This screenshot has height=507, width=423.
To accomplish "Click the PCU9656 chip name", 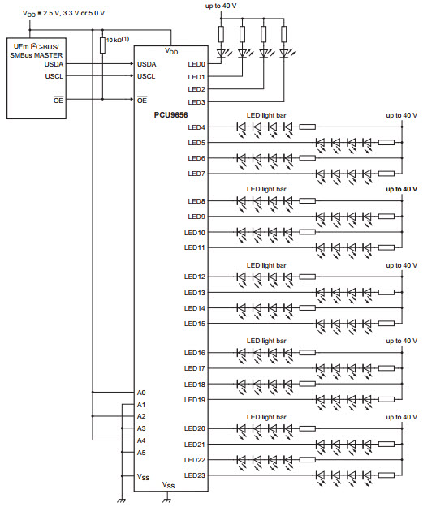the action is (170, 115).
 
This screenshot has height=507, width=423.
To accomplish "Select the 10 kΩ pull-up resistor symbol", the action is (102, 45).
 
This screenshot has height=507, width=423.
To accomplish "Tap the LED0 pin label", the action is (196, 64).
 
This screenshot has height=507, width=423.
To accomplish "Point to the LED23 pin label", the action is (195, 475).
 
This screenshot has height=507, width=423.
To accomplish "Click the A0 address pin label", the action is (141, 393).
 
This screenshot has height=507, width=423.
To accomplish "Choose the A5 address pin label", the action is (141, 453).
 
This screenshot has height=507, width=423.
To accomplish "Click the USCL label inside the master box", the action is (54, 76).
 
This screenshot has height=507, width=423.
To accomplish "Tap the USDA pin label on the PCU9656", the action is (147, 64).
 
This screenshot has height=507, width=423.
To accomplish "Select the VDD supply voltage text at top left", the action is (63, 13).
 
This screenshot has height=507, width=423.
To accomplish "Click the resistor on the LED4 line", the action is (308, 127).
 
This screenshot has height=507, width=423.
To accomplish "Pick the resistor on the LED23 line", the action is (386, 475).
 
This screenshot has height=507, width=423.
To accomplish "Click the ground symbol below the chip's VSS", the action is (167, 501).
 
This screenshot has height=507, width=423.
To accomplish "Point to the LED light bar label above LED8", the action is (266, 189).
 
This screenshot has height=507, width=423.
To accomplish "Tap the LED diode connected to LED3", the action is (284, 54).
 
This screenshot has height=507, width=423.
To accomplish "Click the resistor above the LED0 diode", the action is (222, 34).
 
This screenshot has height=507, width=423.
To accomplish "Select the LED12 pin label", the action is (195, 277).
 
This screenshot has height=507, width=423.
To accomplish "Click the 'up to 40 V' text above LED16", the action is (401, 341).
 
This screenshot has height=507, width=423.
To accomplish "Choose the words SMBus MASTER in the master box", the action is (37, 55).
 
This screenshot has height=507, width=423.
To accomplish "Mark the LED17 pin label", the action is (195, 368).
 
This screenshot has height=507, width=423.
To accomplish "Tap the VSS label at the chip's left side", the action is (143, 477).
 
